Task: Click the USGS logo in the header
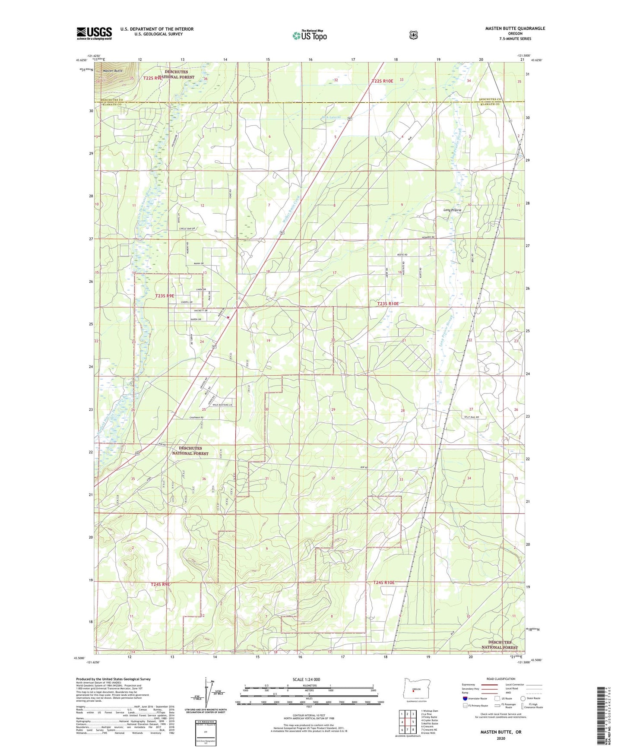coord(94,33)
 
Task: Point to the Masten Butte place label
coord(113,71)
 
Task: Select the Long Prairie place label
coord(452,210)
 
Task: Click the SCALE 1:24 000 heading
coord(306,679)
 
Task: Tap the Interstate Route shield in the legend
coord(465,698)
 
